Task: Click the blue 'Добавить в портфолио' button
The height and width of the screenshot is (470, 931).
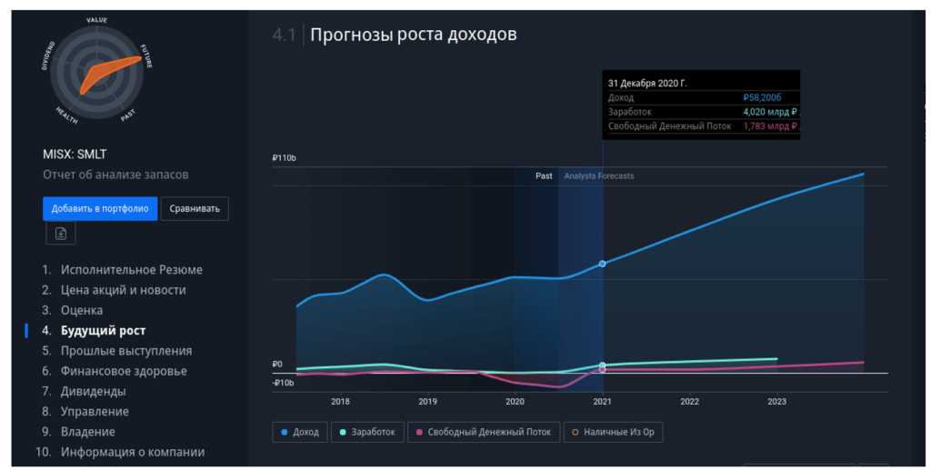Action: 100,208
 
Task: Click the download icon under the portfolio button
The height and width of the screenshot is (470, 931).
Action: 61,234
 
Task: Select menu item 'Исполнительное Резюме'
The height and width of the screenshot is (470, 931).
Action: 131,270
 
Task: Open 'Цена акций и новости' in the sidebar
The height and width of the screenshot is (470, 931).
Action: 123,290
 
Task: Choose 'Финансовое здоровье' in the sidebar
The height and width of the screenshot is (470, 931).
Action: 124,371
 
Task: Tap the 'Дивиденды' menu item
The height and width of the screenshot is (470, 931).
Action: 93,391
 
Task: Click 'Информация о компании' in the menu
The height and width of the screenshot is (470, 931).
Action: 132,452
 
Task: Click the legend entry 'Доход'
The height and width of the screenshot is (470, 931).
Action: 300,432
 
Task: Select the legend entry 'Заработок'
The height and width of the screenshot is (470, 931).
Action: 367,432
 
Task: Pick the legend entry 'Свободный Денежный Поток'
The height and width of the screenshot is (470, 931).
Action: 484,432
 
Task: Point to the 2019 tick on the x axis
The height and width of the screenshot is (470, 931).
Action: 427,401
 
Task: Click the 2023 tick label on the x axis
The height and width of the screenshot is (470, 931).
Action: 776,401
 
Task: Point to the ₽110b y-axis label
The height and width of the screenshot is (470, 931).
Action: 284,158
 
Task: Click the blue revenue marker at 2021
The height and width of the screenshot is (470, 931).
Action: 602,264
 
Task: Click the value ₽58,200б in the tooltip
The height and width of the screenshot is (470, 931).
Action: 762,97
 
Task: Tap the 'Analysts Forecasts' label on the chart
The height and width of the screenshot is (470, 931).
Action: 599,175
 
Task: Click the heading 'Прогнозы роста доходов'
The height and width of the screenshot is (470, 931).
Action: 414,35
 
